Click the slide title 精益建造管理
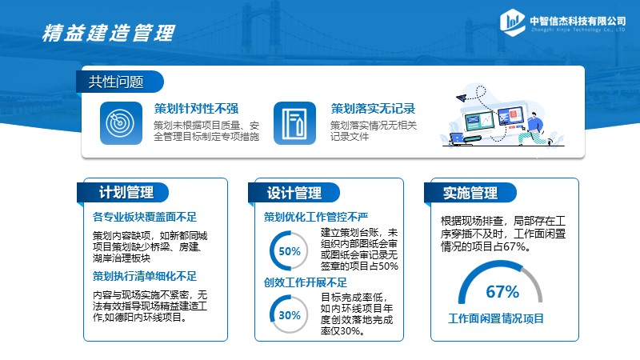(x=109, y=33)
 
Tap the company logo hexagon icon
(x=512, y=22)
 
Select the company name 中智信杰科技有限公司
(x=578, y=21)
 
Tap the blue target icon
(x=122, y=123)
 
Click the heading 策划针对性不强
(x=196, y=109)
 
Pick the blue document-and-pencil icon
(x=294, y=123)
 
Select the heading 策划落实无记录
(x=373, y=109)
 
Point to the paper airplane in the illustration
(x=462, y=98)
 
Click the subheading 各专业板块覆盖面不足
(x=145, y=217)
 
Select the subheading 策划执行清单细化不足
(x=145, y=276)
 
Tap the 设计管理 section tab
(x=294, y=193)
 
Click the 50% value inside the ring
(x=290, y=251)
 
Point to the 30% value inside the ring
(x=290, y=315)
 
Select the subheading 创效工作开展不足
(x=306, y=282)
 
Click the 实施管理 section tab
(x=470, y=193)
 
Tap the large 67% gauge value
(x=502, y=292)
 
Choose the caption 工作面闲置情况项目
(x=496, y=318)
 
